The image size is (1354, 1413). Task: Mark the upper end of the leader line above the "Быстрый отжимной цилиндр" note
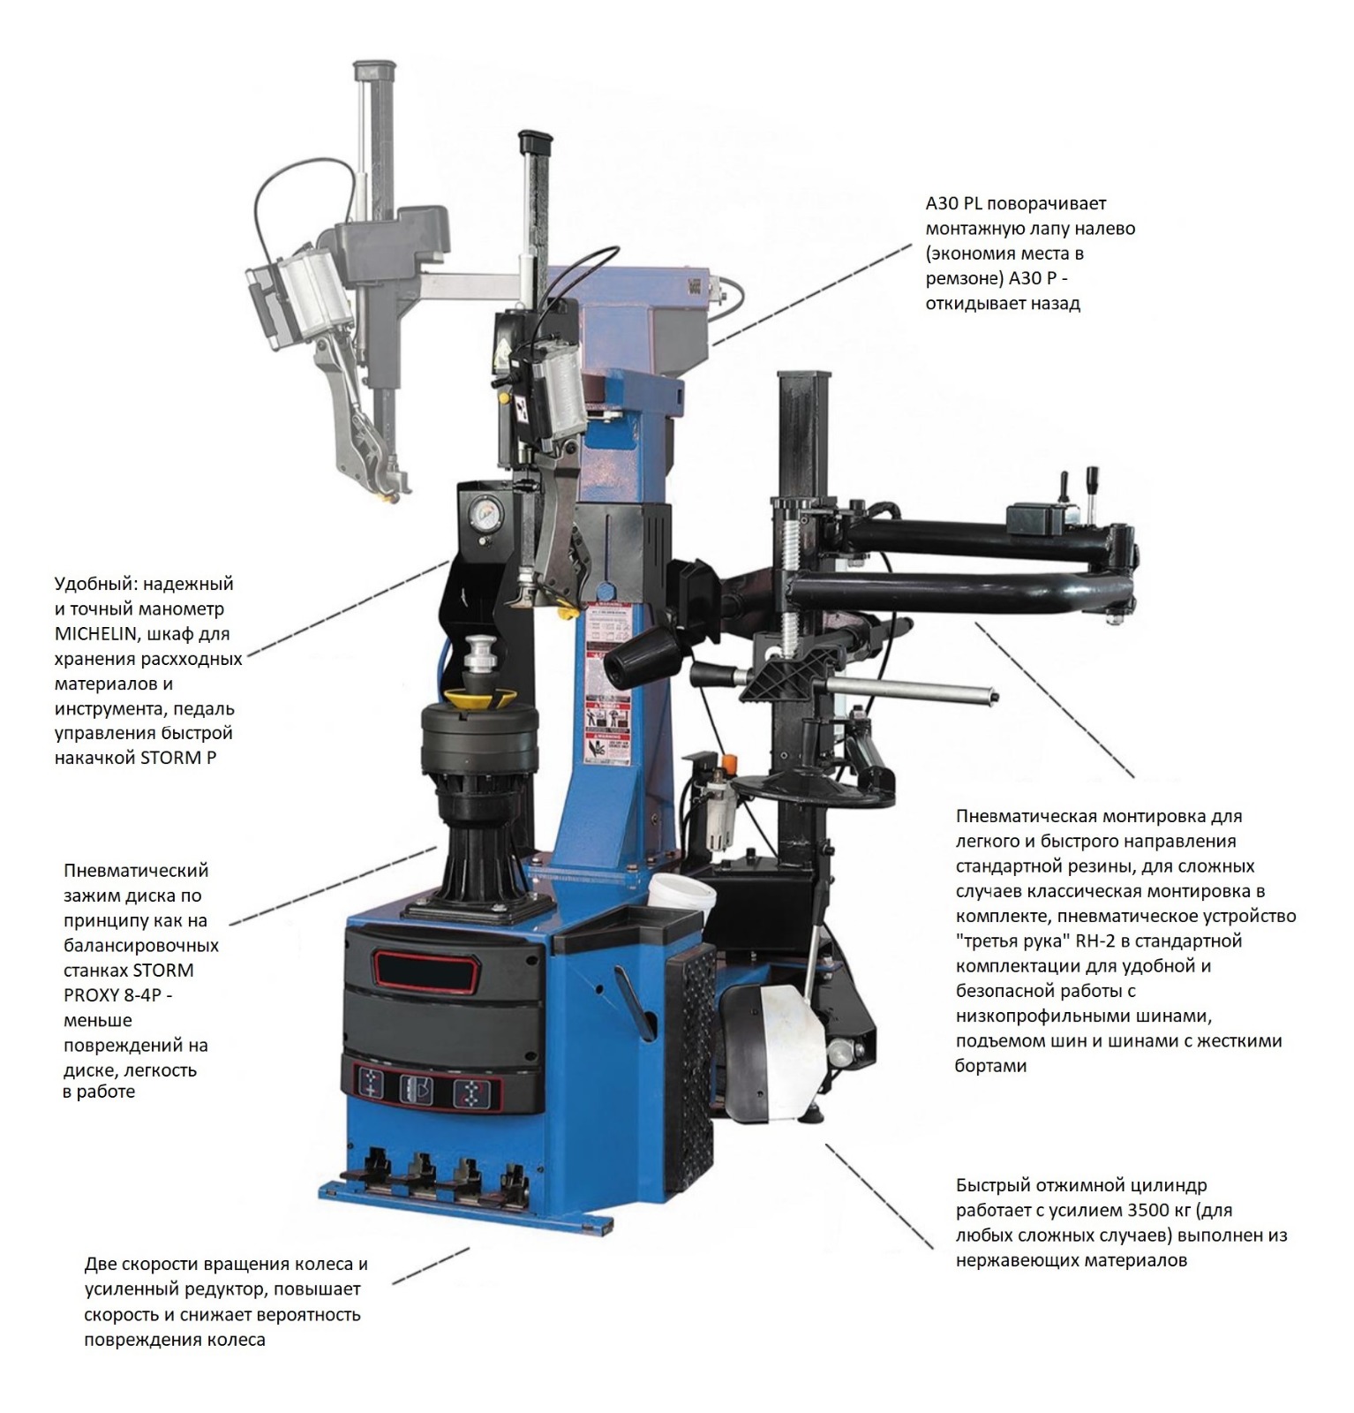click(826, 1144)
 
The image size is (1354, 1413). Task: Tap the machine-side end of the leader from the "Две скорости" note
click(469, 1249)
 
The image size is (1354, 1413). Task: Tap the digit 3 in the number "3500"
click(1138, 1210)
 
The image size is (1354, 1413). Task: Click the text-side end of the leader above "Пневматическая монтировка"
click(1134, 776)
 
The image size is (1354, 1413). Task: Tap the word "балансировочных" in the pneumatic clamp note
click(141, 946)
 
